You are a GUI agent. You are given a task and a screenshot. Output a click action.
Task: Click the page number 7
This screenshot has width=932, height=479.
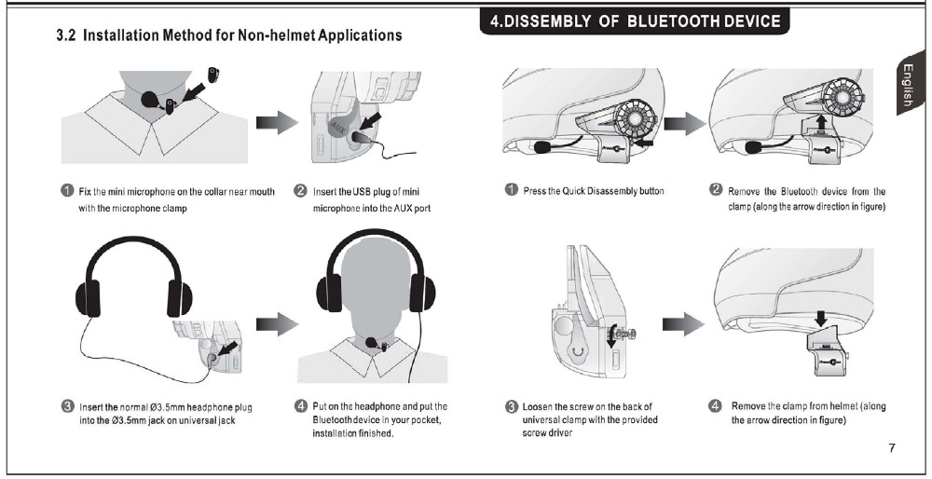pyautogui.click(x=892, y=448)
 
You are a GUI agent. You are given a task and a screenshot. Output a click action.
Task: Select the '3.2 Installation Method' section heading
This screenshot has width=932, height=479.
pyautogui.click(x=230, y=35)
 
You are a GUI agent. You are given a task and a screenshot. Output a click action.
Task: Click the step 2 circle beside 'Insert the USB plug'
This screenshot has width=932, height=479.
pyautogui.click(x=301, y=192)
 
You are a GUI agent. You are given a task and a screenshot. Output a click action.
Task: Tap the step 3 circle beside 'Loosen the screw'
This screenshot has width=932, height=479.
pyautogui.click(x=511, y=406)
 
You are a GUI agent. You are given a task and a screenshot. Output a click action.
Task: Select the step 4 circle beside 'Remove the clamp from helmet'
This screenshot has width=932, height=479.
pyautogui.click(x=716, y=406)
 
